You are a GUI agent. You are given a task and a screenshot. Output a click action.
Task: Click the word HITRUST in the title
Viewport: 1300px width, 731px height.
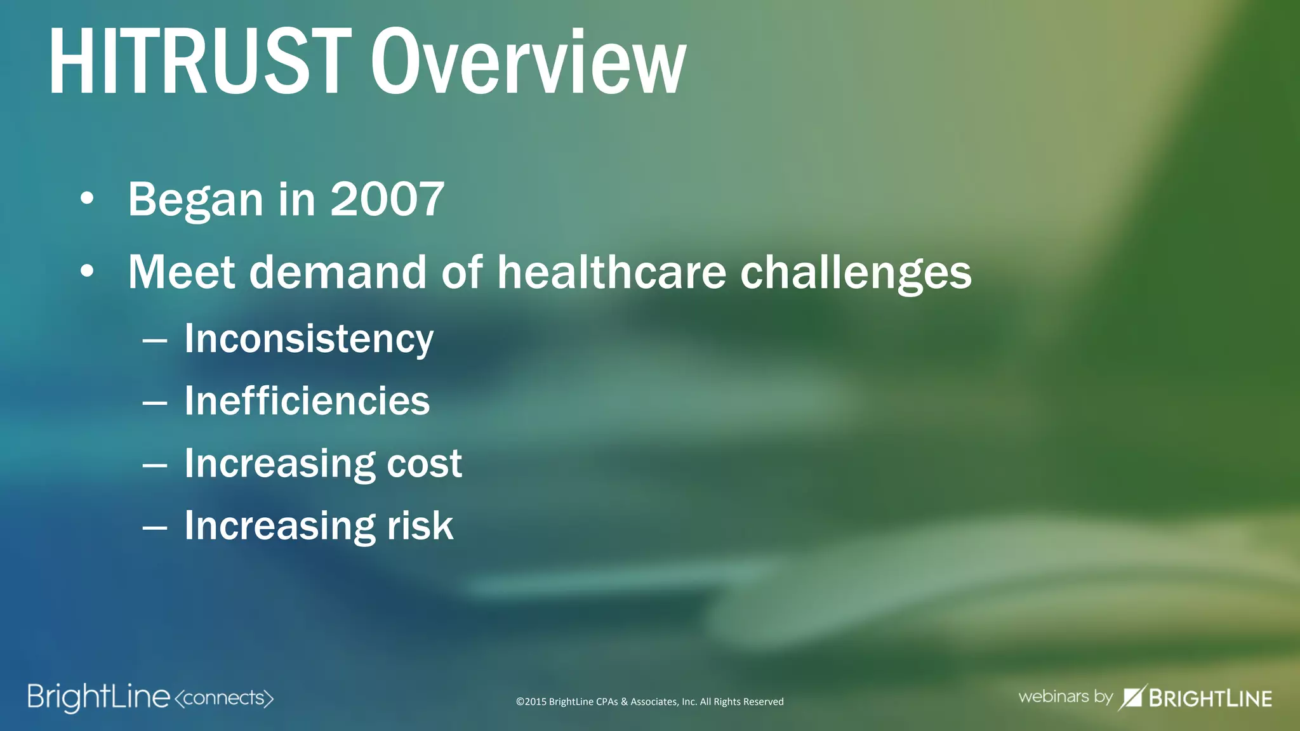click(200, 62)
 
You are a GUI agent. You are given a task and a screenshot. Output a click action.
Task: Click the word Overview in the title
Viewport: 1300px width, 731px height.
click(528, 62)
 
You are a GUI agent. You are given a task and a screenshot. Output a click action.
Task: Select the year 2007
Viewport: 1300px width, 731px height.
click(387, 199)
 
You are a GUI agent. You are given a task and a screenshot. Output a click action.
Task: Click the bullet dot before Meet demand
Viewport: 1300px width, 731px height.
click(87, 272)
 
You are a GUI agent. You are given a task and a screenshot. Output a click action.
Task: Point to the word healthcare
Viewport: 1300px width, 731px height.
click(611, 272)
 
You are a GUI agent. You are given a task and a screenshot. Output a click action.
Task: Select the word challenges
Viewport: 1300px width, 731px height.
click(856, 273)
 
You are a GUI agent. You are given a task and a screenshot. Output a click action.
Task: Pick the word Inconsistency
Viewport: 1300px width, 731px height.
click(309, 339)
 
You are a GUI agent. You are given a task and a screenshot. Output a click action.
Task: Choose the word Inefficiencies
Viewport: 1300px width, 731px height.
click(307, 401)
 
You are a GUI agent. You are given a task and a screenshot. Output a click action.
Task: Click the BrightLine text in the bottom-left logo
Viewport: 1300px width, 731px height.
click(98, 697)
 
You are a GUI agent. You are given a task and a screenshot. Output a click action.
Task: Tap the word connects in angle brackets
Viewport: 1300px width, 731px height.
click(224, 698)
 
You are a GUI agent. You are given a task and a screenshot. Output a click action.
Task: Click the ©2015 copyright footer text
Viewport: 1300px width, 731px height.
click(649, 702)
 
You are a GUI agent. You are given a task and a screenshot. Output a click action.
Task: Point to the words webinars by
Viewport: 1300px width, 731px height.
click(1065, 697)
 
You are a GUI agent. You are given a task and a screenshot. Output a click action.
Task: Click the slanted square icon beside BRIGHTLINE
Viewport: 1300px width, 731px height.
click(1131, 697)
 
